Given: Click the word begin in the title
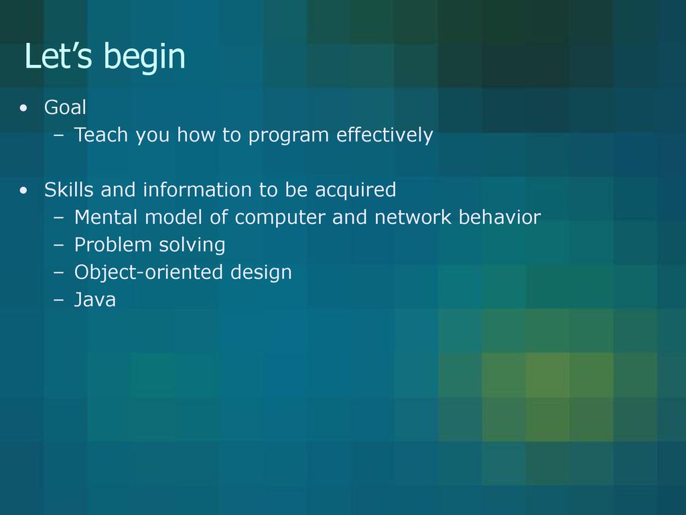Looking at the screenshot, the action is (x=145, y=58).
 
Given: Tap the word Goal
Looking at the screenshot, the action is (x=65, y=107).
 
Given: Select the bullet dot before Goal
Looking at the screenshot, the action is (x=23, y=108).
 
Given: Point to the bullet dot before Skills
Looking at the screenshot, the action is (x=23, y=190).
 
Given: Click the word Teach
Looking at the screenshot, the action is (x=101, y=134).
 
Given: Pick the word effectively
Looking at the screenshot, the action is (x=385, y=135).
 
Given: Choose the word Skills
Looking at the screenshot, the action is (x=69, y=190).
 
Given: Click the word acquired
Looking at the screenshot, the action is (x=355, y=191).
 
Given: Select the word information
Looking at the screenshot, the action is (x=198, y=190).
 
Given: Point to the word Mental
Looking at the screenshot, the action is (x=106, y=217).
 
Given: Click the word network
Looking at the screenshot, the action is (x=413, y=217).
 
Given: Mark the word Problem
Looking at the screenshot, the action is (x=113, y=245).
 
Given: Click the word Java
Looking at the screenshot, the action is (x=95, y=300).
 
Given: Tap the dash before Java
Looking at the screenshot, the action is (x=59, y=300).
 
